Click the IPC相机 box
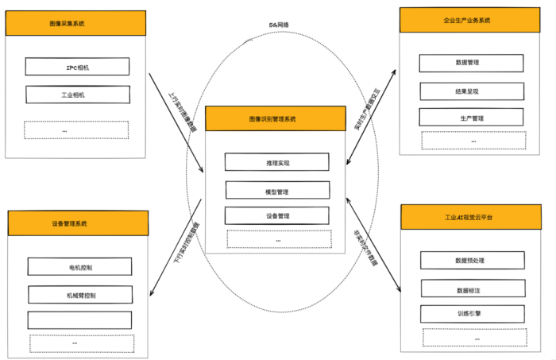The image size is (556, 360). (x=77, y=68)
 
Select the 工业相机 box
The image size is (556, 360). (x=77, y=95)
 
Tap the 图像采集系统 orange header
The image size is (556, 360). (x=76, y=24)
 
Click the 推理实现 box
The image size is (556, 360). (x=276, y=162)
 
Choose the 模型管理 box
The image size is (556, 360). (x=276, y=190)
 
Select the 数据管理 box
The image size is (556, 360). (x=471, y=63)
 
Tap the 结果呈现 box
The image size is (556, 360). (x=471, y=91)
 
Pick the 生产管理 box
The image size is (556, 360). (x=471, y=118)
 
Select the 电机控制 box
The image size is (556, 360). (x=79, y=266)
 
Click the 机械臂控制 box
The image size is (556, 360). (x=79, y=295)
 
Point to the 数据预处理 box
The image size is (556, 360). (x=472, y=260)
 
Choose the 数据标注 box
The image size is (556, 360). (x=472, y=288)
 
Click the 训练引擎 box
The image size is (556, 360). (x=472, y=314)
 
